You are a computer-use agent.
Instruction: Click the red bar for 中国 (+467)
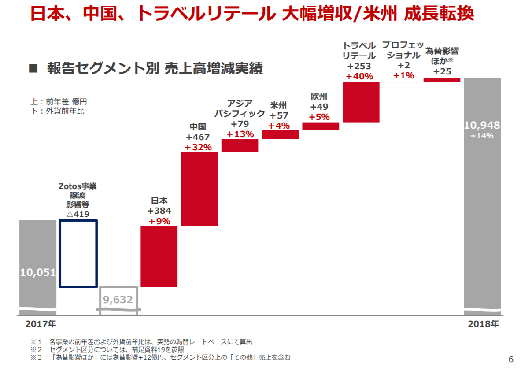(x=200, y=189)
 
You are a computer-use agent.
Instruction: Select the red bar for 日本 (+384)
(x=159, y=256)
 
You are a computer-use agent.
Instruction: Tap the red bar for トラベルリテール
(x=361, y=102)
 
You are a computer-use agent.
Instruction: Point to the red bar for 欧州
(x=321, y=126)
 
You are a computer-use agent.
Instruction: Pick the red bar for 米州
(x=280, y=134)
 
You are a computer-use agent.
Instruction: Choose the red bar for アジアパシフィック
(x=240, y=145)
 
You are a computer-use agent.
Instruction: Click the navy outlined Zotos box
(x=78, y=253)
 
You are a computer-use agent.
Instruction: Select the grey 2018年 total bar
(x=482, y=194)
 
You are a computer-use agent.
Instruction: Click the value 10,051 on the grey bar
(x=38, y=272)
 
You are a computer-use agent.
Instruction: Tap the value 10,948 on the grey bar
(x=482, y=126)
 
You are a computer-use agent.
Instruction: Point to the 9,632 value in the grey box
(x=118, y=300)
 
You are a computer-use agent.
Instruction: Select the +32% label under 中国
(x=198, y=147)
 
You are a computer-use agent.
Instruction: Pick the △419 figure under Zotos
(x=78, y=214)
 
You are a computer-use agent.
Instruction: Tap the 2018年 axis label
(x=483, y=324)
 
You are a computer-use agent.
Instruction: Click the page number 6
(x=511, y=359)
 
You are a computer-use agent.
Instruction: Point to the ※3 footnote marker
(x=36, y=357)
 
